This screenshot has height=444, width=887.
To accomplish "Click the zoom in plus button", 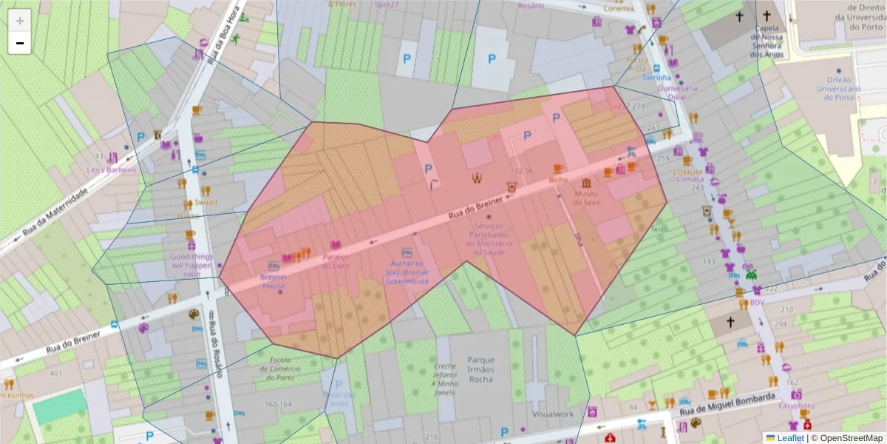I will (x=20, y=21).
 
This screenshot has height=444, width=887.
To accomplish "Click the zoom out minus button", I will (x=20, y=43).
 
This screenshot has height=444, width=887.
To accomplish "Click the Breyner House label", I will (x=273, y=281).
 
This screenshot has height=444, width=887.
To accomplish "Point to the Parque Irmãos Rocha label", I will (x=480, y=369).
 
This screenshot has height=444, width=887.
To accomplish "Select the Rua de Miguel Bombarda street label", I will (x=729, y=403).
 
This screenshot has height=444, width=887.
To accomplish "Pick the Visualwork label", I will (x=552, y=414).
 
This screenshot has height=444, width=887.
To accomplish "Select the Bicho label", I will (x=557, y=180).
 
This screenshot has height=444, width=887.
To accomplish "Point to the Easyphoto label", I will (x=795, y=406).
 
